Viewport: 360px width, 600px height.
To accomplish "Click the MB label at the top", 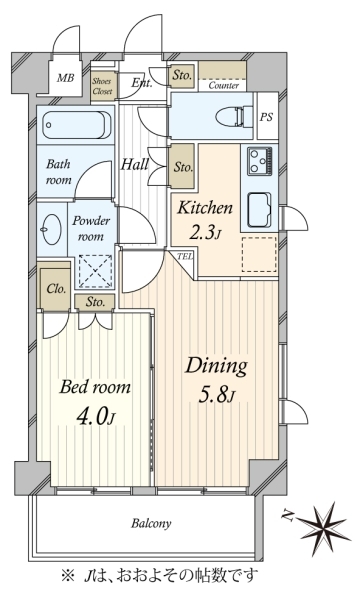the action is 65,78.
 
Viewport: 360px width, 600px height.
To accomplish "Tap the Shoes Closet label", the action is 102,86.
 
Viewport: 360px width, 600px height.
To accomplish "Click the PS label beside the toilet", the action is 267,117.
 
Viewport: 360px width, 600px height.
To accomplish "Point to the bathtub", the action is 76,125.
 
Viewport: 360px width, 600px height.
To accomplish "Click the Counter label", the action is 223,85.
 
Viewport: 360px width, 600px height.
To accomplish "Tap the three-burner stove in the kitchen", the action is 261,161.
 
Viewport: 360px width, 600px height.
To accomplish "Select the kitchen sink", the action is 260,210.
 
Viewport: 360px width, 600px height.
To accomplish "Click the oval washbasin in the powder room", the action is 52,229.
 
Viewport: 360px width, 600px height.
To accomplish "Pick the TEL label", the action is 185,257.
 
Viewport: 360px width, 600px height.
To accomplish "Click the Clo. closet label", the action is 56,288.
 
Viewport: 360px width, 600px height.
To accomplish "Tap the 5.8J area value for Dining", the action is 216,394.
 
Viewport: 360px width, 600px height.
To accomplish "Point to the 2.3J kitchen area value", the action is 205,233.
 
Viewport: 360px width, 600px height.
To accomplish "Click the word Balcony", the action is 151,523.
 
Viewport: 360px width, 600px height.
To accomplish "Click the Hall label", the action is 135,165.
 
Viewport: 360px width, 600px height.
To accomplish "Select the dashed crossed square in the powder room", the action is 96,272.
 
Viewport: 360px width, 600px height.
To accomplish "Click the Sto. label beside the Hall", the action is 183,167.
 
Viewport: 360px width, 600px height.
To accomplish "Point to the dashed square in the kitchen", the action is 259,254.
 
